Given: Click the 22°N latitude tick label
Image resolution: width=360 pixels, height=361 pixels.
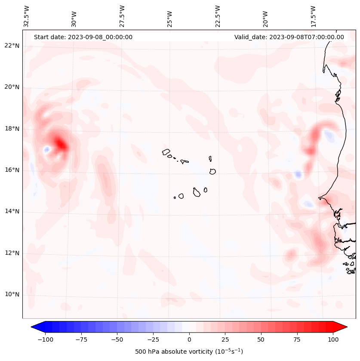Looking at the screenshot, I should click(x=12, y=46).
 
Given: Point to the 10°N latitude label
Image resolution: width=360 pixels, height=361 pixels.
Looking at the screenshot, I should click(x=12, y=294).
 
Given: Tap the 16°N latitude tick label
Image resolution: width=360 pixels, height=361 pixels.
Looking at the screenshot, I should click(x=12, y=170).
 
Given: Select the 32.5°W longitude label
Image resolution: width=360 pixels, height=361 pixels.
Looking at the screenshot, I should click(x=27, y=16).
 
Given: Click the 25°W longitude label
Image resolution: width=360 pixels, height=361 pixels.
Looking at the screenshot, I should click(x=170, y=18).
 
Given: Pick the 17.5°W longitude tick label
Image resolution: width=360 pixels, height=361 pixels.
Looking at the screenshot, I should click(x=313, y=16).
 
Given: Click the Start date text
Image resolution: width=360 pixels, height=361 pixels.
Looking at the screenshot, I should click(x=83, y=37).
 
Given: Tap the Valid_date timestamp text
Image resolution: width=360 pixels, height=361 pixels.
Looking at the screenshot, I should click(x=289, y=37).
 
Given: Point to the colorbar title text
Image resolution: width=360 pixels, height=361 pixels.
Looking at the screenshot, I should click(x=189, y=352).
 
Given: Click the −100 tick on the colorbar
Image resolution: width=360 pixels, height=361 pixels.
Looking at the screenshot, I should click(x=45, y=339).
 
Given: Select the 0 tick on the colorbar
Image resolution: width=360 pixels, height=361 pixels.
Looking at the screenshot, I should click(x=189, y=339).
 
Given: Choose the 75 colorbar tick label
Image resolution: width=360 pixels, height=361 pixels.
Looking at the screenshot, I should click(x=297, y=339).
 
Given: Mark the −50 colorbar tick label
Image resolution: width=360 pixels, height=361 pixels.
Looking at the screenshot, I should click(x=117, y=339).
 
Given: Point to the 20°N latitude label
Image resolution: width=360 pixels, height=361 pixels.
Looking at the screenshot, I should click(x=12, y=87).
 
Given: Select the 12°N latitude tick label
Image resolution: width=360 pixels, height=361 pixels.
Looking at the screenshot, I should click(x=12, y=253).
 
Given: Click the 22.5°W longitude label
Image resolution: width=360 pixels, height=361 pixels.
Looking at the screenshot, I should click(x=218, y=16).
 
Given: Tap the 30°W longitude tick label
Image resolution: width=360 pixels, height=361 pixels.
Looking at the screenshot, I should click(x=74, y=18).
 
